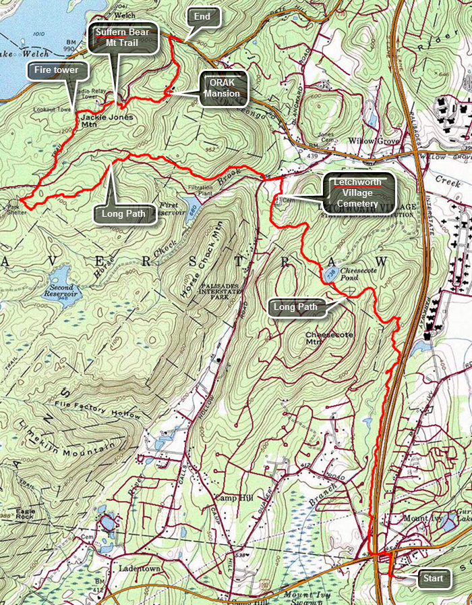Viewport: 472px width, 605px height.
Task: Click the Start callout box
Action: click(x=433, y=579)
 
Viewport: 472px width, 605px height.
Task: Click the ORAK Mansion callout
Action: click(x=223, y=88)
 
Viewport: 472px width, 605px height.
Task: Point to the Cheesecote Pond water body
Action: click(x=330, y=274)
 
